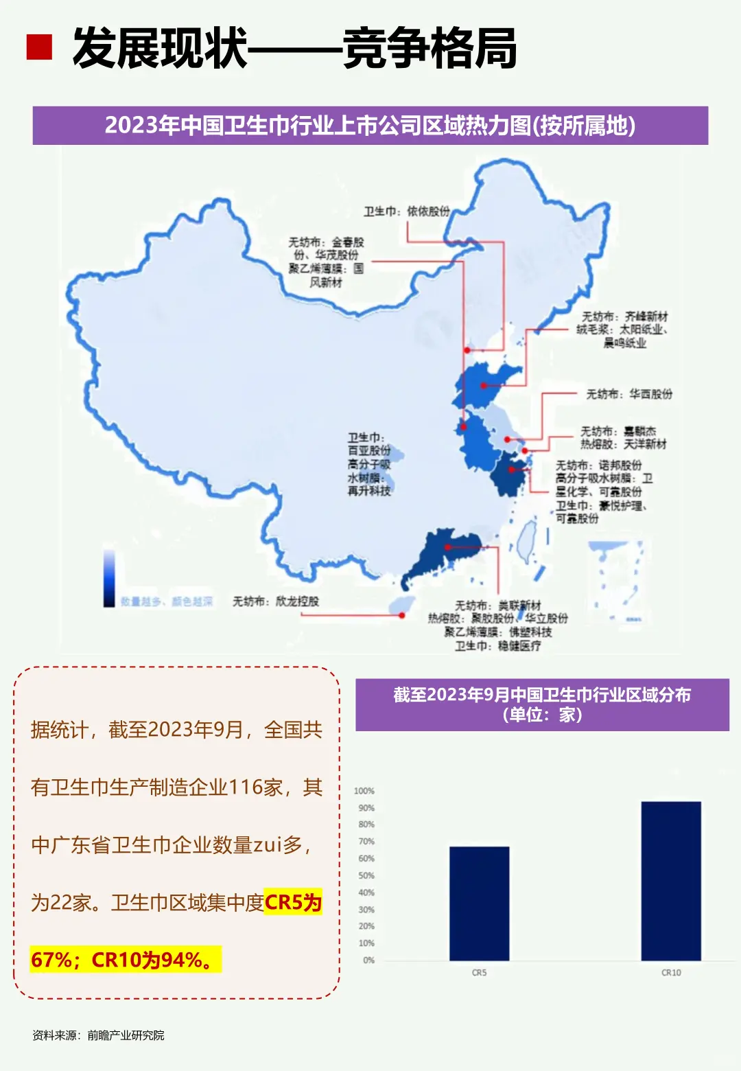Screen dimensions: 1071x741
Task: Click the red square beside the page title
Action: pyautogui.click(x=39, y=47)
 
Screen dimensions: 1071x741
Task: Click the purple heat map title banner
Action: pyautogui.click(x=370, y=126)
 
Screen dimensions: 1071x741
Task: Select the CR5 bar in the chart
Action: pyautogui.click(x=479, y=903)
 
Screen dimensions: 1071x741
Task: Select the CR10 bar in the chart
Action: pyautogui.click(x=670, y=881)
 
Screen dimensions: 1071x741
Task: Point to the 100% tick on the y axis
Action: pyautogui.click(x=364, y=791)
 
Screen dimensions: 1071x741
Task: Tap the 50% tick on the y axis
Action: pyautogui.click(x=366, y=875)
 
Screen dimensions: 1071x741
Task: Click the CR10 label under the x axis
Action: pyautogui.click(x=670, y=973)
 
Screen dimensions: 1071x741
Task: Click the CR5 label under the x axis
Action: pyautogui.click(x=479, y=973)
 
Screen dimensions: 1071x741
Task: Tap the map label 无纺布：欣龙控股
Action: pyautogui.click(x=276, y=601)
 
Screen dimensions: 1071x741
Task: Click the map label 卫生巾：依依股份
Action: pyautogui.click(x=406, y=211)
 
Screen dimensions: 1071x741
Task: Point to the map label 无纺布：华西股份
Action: pyautogui.click(x=628, y=394)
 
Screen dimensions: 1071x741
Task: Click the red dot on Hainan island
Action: pyautogui.click(x=402, y=615)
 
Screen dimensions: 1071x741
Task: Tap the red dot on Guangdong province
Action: pyautogui.click(x=447, y=547)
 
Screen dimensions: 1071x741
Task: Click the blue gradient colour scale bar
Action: pyautogui.click(x=109, y=578)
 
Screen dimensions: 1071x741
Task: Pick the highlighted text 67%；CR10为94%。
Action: pyautogui.click(x=125, y=959)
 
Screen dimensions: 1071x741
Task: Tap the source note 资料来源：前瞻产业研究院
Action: pyautogui.click(x=98, y=1035)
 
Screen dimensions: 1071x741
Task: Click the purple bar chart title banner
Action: pyautogui.click(x=541, y=704)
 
